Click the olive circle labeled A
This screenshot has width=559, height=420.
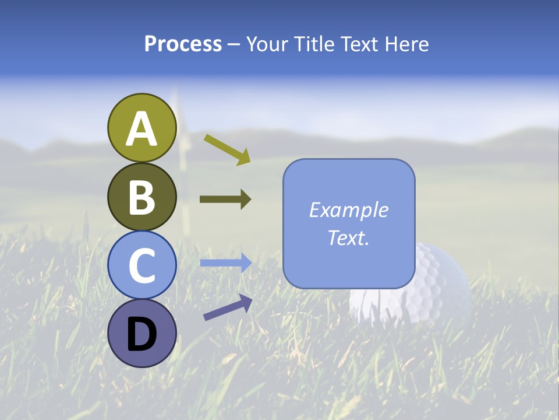pos(142,128)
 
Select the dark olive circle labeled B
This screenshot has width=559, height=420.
pos(142,197)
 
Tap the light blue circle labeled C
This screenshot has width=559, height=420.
pos(142,265)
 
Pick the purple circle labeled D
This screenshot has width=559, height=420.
pos(142,333)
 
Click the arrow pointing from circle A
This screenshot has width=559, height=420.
pos(227,149)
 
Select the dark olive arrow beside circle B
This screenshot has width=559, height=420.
pos(225,199)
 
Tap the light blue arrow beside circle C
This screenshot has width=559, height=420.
pos(225,263)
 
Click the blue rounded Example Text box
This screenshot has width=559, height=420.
pos(349,224)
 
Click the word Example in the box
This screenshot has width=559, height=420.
pos(349,210)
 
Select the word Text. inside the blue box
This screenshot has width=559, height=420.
pos(349,237)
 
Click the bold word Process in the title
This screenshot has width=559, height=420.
pos(183,44)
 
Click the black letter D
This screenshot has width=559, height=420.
pos(142,335)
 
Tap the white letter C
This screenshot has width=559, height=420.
pos(142,266)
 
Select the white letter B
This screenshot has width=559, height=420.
pos(142,198)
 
